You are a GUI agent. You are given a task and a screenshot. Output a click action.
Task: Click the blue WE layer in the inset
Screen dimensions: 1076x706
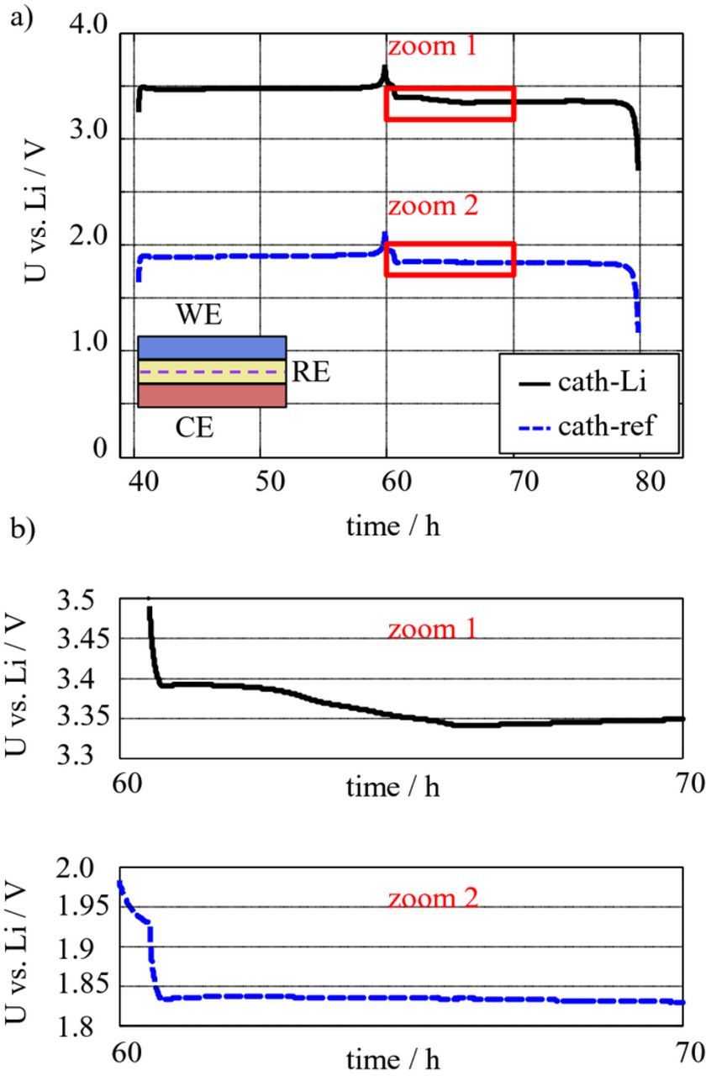click(x=212, y=347)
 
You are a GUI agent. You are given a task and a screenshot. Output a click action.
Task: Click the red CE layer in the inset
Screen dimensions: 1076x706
click(x=212, y=396)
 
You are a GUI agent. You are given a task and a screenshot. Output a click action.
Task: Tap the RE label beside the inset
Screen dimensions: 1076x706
click(x=310, y=372)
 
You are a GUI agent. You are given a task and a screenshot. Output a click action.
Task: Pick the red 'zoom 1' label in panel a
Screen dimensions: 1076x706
click(x=432, y=46)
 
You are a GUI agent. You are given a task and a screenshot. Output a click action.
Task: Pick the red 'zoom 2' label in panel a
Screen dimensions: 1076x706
click(x=432, y=205)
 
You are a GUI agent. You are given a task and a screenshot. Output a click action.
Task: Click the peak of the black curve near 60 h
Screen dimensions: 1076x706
click(x=385, y=67)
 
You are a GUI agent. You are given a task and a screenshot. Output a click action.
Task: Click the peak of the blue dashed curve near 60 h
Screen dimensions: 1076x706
click(x=385, y=234)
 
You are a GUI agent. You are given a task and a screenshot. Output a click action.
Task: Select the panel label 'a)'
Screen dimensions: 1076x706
click(x=21, y=18)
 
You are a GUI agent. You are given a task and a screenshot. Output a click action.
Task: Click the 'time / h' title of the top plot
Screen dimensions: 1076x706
click(x=393, y=527)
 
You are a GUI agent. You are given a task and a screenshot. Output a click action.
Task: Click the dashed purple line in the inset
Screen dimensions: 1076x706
click(x=212, y=372)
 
